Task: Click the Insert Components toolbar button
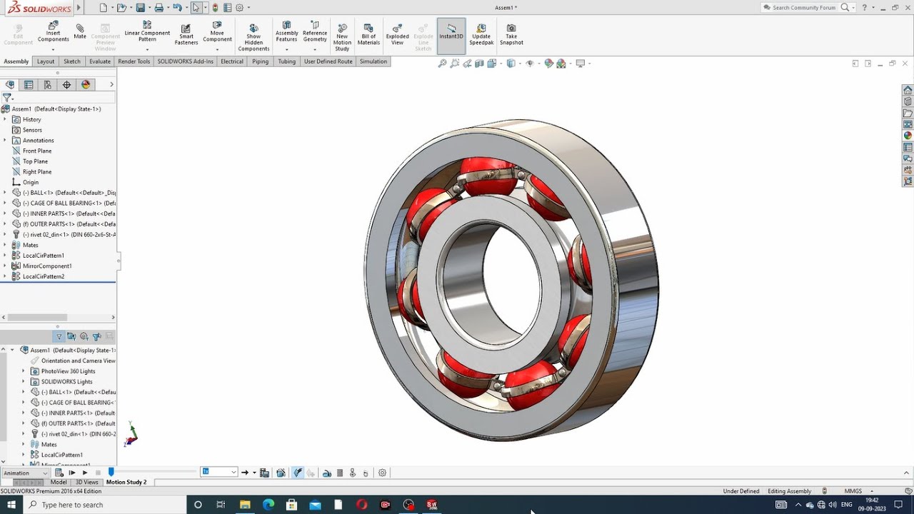coord(53,32)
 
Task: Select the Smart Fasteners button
coord(186,35)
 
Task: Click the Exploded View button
coord(397,35)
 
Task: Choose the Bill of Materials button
coord(368,35)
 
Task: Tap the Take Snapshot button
coord(511,35)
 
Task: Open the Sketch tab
coord(72,61)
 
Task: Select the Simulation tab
coord(373,61)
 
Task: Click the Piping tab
coord(260,61)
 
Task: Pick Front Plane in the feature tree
coord(37,151)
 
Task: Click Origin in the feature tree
coord(31,182)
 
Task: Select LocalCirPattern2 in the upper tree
coord(43,276)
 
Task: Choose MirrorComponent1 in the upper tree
coord(47,266)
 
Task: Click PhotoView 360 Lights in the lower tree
coord(68,371)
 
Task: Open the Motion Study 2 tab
coord(126,482)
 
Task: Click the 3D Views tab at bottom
coord(87,482)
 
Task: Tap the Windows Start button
coord(11,505)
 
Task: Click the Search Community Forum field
coord(803,8)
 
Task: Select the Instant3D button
coord(451,35)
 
